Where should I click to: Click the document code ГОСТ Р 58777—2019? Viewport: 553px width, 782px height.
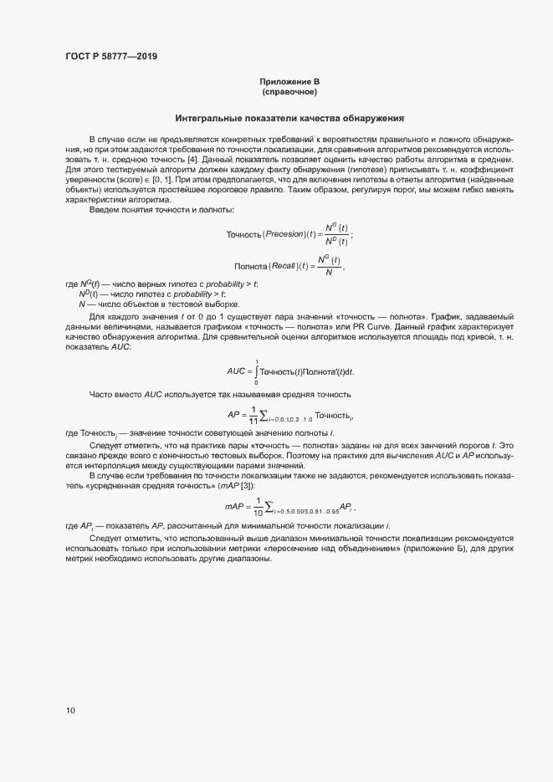coord(110,57)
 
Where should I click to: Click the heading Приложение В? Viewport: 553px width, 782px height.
coord(289,81)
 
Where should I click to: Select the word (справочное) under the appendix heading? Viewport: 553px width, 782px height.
coord(289,91)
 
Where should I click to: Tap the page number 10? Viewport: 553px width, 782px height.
coord(69,710)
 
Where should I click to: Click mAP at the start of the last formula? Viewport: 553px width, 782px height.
coord(233,505)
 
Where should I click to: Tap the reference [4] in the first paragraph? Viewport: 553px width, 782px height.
coord(192,159)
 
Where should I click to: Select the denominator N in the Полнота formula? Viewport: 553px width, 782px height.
coord(328,272)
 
